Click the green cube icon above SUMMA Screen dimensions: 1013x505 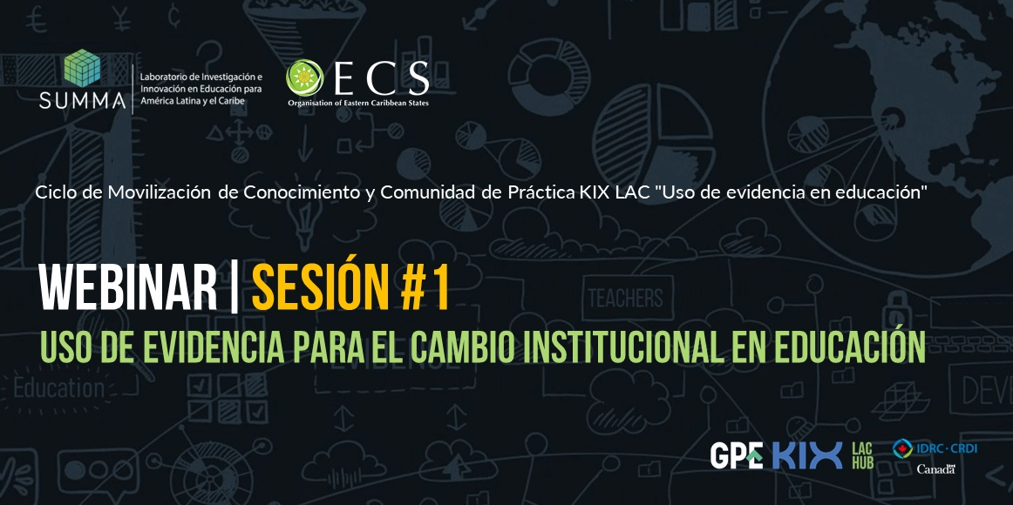(82, 68)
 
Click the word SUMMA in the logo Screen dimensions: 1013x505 (82, 100)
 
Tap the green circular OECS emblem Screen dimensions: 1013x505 (304, 77)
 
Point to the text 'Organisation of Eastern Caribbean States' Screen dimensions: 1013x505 (358, 103)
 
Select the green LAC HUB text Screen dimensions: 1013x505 (862, 455)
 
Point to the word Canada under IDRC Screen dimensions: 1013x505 (936, 469)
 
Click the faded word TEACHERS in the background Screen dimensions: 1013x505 (625, 298)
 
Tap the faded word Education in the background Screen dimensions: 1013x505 (58, 388)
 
